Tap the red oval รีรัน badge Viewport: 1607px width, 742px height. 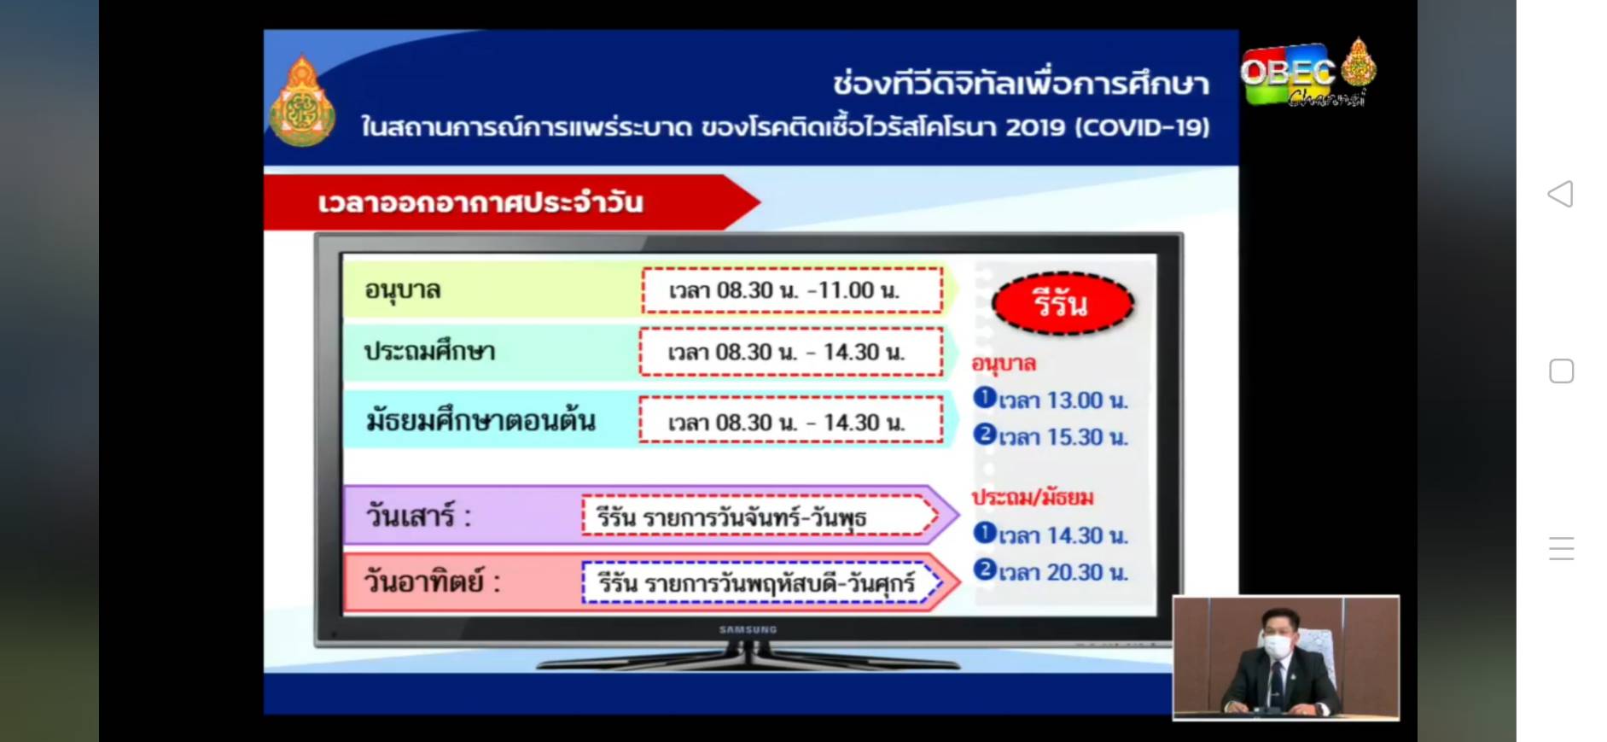[x=1063, y=303]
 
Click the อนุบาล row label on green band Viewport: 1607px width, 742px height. [x=403, y=290]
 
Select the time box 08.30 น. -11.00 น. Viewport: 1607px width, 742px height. [x=792, y=290]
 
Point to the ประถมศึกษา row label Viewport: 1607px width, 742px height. [x=430, y=352]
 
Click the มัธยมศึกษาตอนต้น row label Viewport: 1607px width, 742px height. [x=480, y=421]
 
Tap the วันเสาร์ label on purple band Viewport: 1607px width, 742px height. [x=418, y=517]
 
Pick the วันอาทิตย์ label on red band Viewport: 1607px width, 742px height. [x=432, y=581]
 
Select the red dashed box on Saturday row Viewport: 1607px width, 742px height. [x=760, y=517]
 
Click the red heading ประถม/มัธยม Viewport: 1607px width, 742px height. [x=1033, y=497]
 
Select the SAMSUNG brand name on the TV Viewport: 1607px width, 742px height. [x=748, y=629]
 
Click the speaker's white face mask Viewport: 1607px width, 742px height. [x=1277, y=646]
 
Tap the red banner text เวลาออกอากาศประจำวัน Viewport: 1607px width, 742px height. [x=480, y=202]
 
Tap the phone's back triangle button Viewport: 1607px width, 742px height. [x=1560, y=194]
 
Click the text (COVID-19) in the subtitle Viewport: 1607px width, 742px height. [x=1143, y=127]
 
